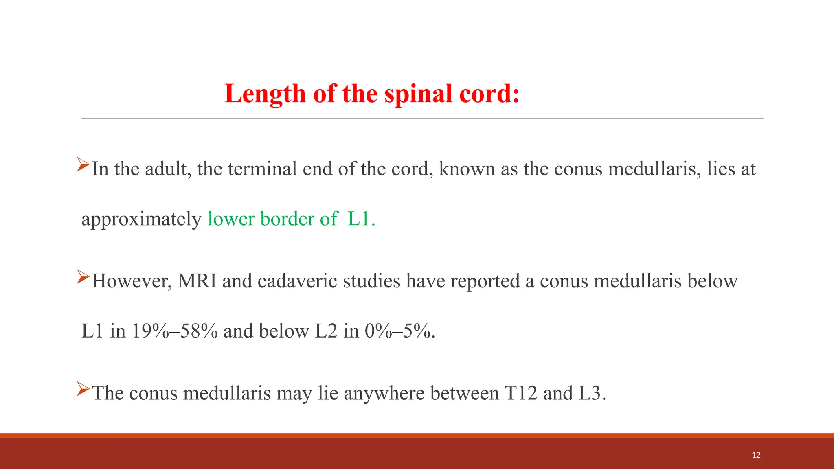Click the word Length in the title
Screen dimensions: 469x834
[265, 94]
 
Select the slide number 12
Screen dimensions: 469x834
[756, 455]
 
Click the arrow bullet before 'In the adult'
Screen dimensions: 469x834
[83, 164]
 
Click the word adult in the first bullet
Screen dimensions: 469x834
[168, 169]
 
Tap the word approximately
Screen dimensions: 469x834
[141, 219]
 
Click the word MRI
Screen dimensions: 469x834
[197, 281]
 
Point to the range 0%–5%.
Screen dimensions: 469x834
[399, 331]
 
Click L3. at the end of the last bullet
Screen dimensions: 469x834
[592, 393]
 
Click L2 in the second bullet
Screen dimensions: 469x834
[326, 331]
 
